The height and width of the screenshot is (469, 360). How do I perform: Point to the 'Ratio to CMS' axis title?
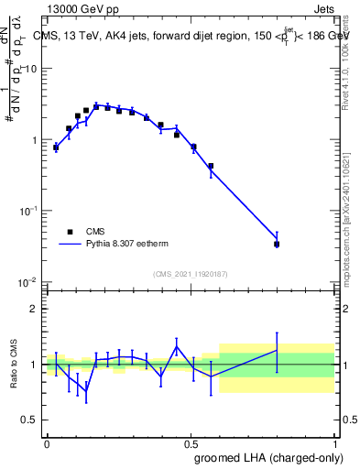(x=16, y=364)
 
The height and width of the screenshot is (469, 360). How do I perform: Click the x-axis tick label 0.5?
(x=191, y=442)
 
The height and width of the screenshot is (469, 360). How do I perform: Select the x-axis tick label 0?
(x=47, y=442)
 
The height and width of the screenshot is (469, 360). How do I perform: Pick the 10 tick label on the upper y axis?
(x=32, y=70)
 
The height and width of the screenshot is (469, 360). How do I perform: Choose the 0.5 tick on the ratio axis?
(x=30, y=420)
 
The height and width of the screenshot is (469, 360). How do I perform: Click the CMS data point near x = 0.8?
(x=277, y=244)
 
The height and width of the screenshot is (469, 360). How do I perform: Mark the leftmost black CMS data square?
(x=56, y=147)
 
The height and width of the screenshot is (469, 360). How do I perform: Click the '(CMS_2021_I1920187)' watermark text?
(x=190, y=273)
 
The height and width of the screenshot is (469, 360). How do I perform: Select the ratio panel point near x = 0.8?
(x=277, y=350)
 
